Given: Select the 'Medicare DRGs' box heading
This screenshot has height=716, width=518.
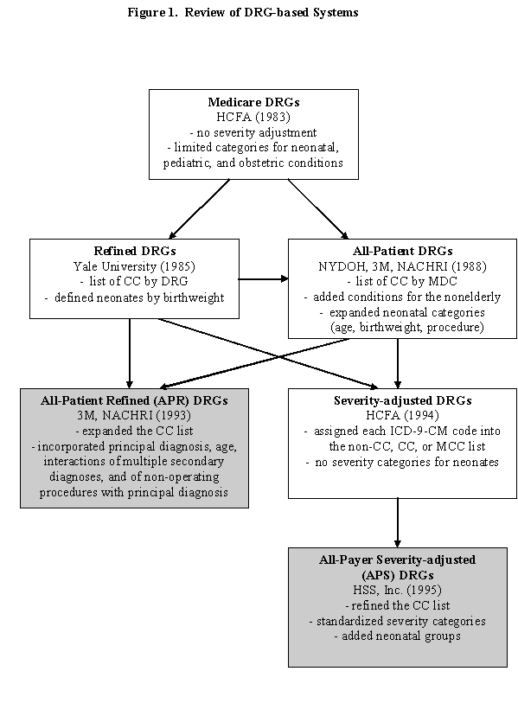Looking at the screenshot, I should pos(253,102).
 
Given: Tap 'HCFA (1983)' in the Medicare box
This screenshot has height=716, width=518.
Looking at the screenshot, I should pos(253,118).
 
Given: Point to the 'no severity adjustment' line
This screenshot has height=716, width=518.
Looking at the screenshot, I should pos(253,132).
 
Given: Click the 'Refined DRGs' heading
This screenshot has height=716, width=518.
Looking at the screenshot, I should pos(134,251).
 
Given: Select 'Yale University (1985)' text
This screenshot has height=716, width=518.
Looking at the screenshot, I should pos(134,266).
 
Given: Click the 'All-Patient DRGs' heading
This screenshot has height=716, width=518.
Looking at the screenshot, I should pos(397,251).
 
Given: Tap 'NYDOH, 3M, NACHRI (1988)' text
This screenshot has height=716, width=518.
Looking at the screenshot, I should pos(397,266).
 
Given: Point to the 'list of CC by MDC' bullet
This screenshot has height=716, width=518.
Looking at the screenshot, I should pos(397,282).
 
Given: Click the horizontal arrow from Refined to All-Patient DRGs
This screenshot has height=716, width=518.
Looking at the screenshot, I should pos(263,279).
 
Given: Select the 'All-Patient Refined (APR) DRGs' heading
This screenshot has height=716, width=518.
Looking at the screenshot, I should pos(134,400).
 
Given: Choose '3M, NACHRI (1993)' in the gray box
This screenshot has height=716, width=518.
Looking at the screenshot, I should pos(134,416).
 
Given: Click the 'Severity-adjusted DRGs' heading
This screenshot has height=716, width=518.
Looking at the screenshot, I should pos(397,400).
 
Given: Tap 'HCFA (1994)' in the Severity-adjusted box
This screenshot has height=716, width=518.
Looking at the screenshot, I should pos(397,416).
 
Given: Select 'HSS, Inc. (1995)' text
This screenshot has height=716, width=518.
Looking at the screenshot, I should pos(397,590).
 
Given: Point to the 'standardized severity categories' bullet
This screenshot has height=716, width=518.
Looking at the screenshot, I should pos(397,621).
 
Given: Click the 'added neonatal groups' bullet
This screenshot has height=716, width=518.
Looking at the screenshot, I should pos(397,636).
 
